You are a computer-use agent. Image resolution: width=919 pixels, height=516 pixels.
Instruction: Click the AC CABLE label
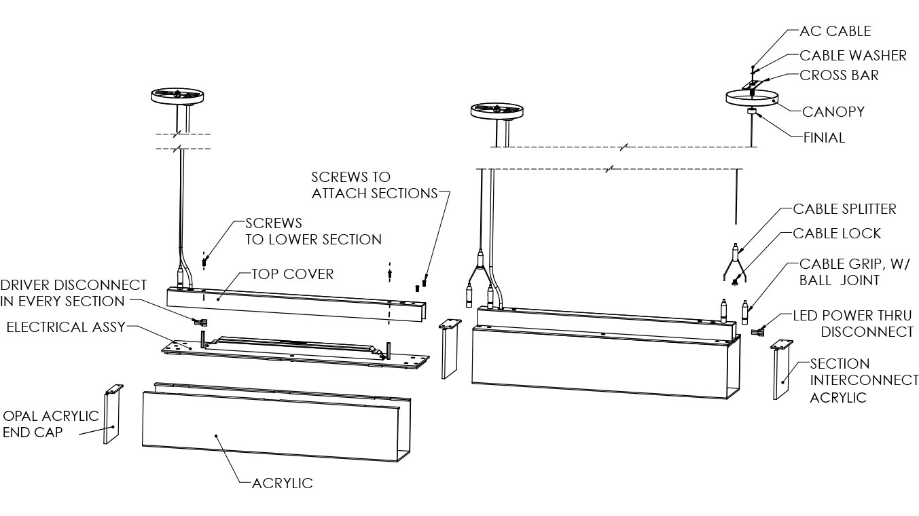pyautogui.click(x=835, y=31)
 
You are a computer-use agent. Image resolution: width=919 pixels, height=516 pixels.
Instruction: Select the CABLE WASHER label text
pyautogui.click(x=852, y=56)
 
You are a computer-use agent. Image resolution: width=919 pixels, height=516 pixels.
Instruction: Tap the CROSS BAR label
pyautogui.click(x=839, y=75)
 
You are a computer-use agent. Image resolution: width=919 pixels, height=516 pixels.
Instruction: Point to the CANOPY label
pyautogui.click(x=833, y=112)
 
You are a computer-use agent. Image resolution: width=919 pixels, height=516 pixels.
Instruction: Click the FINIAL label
pyautogui.click(x=824, y=138)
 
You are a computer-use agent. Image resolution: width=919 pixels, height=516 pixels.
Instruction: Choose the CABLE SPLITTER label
pyautogui.click(x=844, y=208)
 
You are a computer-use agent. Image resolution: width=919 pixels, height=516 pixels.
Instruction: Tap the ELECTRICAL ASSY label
pyautogui.click(x=66, y=327)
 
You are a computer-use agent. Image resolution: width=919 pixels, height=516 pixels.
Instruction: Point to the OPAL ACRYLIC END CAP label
pyautogui.click(x=51, y=424)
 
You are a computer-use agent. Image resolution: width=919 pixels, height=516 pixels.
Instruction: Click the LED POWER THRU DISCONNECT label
pyautogui.click(x=853, y=324)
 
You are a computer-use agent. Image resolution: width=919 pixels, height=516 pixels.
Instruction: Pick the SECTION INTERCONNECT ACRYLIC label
pyautogui.click(x=863, y=381)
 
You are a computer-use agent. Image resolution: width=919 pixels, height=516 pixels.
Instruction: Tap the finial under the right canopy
pyautogui.click(x=752, y=112)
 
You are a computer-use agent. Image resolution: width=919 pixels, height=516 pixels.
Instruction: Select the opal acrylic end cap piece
pyautogui.click(x=111, y=416)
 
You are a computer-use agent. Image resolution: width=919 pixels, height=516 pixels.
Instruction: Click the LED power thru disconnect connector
pyautogui.click(x=758, y=331)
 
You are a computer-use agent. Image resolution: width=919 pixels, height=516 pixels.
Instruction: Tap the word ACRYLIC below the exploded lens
pyautogui.click(x=282, y=483)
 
